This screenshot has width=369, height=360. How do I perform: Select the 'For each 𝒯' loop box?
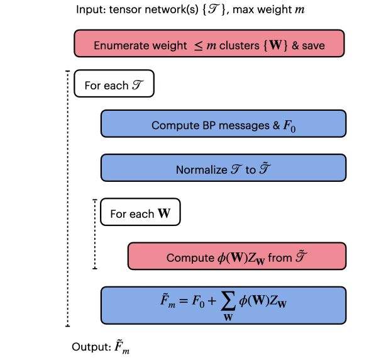pos(114,84)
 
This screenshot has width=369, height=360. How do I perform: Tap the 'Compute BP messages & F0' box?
pos(223,125)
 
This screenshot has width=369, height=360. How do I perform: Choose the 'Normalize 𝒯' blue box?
pos(223,169)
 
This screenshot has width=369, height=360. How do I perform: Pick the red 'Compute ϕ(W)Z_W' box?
pos(236,257)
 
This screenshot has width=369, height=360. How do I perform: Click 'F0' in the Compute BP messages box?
pos(289,126)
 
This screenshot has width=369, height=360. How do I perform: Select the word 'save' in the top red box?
pos(311,46)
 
